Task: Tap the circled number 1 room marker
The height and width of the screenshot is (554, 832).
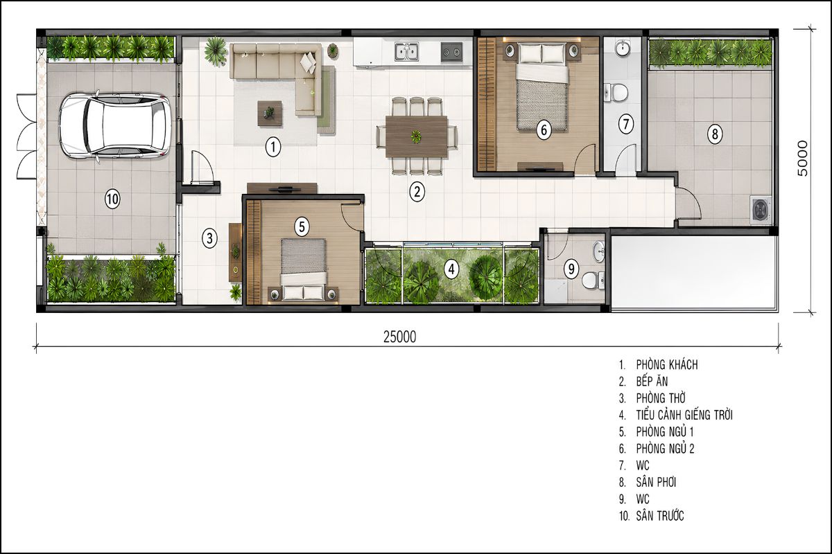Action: click(273, 147)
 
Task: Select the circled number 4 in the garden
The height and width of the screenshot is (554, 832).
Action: click(451, 269)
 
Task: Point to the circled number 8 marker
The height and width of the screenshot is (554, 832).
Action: click(715, 134)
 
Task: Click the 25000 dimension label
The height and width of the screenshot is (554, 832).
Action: click(399, 337)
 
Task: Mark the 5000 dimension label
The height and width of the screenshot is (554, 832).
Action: click(802, 158)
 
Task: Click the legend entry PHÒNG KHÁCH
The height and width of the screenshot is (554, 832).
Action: click(667, 365)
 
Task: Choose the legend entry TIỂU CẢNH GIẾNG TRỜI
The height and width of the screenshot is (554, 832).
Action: click(684, 415)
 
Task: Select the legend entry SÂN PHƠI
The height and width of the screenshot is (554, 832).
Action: click(656, 482)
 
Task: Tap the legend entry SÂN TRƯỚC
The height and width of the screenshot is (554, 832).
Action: click(660, 516)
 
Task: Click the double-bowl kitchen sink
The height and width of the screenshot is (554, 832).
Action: click(407, 51)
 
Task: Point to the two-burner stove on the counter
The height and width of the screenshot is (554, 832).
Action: click(451, 51)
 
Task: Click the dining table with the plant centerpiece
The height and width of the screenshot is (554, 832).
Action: click(417, 136)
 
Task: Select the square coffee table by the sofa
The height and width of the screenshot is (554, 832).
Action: click(270, 113)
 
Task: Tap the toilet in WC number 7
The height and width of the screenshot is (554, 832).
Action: click(616, 93)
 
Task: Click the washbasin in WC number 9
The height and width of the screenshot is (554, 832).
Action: click(598, 251)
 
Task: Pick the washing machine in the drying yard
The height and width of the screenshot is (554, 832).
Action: click(761, 211)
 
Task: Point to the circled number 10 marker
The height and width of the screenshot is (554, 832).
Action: click(112, 199)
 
